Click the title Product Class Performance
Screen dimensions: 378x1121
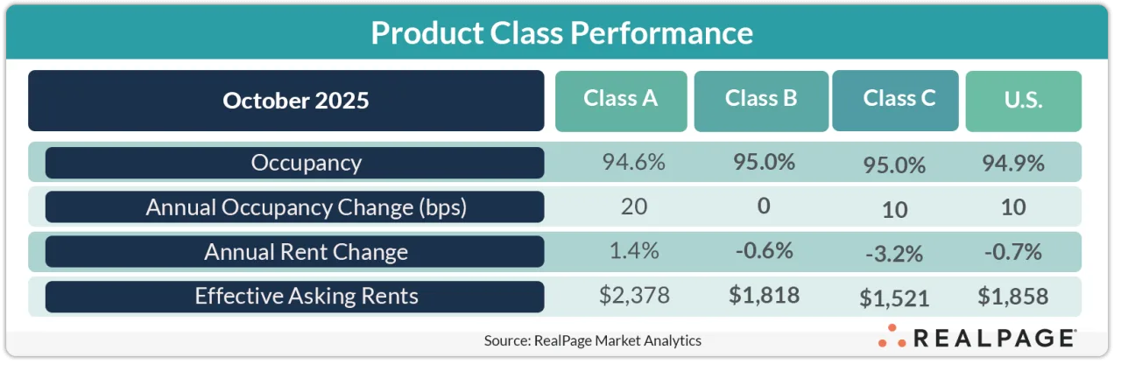[x=561, y=33]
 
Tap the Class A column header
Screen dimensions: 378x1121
[x=620, y=99]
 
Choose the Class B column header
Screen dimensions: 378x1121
[x=760, y=99]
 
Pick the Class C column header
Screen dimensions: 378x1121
[x=895, y=99]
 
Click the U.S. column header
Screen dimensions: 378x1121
[x=1023, y=101]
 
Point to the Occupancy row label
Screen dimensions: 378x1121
[x=294, y=163]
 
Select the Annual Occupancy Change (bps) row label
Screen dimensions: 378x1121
[x=294, y=207]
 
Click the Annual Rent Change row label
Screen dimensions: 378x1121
[x=294, y=252]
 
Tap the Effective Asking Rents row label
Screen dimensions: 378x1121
[x=294, y=296]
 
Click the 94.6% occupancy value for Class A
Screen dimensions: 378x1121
[x=633, y=162]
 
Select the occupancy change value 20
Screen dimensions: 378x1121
[x=633, y=206]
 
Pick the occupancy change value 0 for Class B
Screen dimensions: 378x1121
[x=764, y=206]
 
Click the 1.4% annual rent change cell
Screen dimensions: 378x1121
[x=633, y=251]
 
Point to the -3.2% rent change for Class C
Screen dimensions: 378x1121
[x=895, y=254]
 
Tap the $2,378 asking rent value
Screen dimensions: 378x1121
[x=634, y=296]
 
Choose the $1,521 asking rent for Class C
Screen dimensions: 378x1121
[x=895, y=298]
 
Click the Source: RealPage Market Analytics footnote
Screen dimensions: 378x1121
[x=592, y=341]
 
